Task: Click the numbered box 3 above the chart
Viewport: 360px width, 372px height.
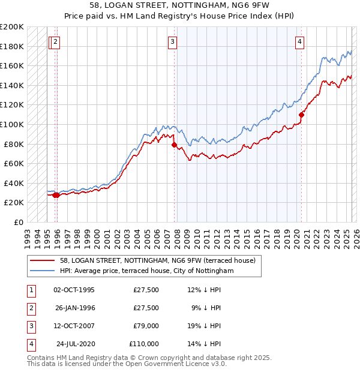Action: pyautogui.click(x=172, y=41)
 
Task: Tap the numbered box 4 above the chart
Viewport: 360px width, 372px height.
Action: pyautogui.click(x=299, y=41)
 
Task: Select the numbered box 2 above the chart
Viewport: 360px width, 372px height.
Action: pyautogui.click(x=55, y=41)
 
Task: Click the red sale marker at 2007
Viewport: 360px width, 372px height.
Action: pyautogui.click(x=174, y=145)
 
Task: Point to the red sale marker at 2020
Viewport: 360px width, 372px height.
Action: pyautogui.click(x=301, y=115)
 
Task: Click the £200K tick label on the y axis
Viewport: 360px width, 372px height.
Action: pyautogui.click(x=12, y=27)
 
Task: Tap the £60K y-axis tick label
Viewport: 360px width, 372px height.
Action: pyautogui.click(x=14, y=163)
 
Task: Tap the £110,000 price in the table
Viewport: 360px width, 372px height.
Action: pyautogui.click(x=143, y=344)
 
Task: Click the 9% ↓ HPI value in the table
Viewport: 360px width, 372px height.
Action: pyautogui.click(x=206, y=308)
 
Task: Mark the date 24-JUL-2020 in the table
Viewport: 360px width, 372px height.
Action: pyautogui.click(x=76, y=344)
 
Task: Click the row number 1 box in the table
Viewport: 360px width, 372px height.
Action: pyautogui.click(x=29, y=290)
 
